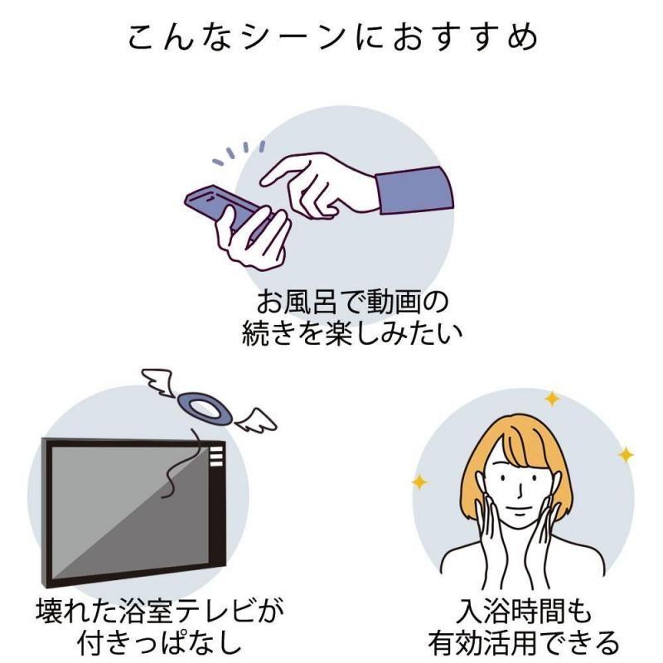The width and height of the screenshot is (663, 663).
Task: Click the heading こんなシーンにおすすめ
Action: [x=331, y=38]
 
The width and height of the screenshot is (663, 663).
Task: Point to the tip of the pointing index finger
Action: [x=264, y=181]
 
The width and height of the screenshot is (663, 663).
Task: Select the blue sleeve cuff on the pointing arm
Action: [x=414, y=190]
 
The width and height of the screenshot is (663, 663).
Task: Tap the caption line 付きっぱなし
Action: [x=158, y=642]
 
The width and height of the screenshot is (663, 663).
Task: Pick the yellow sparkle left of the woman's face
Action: [x=421, y=482]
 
